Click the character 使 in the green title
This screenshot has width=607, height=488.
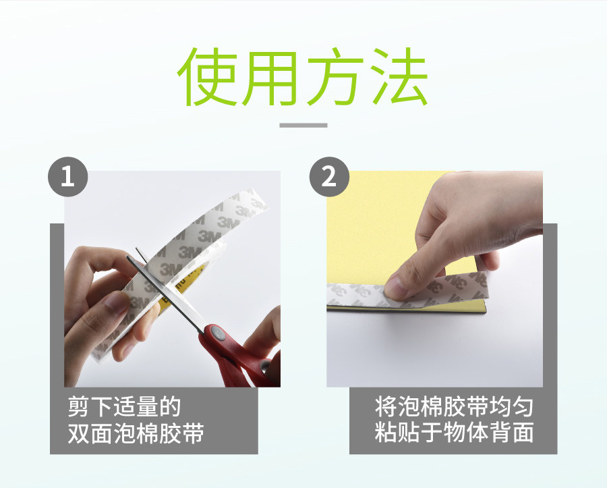(x=207, y=77)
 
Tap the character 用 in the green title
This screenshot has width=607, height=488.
(x=270, y=78)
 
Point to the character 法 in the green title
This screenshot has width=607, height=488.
(x=399, y=77)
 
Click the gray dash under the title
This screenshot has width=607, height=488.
(x=303, y=125)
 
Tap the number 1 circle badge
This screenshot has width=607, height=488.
(x=67, y=177)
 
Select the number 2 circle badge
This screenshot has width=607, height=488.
(x=329, y=177)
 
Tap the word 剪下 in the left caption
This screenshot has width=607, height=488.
(x=90, y=406)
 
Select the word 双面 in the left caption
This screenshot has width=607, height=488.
(x=90, y=433)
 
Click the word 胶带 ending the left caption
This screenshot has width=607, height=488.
(x=181, y=433)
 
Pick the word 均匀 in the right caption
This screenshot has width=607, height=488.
(x=512, y=406)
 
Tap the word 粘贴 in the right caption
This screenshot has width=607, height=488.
(x=397, y=432)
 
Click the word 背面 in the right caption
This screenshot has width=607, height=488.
(x=512, y=432)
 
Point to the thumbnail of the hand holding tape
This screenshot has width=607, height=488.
(x=115, y=303)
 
